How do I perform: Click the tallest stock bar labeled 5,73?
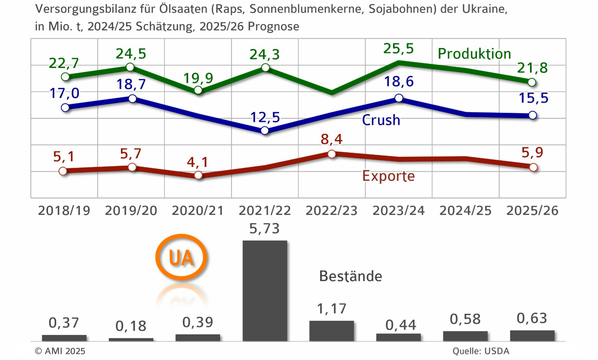pos(265,291)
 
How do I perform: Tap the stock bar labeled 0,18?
pos(131,339)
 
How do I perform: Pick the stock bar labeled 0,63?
pos(532,335)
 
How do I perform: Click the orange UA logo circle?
pos(181,257)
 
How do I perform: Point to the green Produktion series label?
pos(474,54)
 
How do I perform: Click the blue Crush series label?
pos(381,120)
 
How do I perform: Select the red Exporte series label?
pos(388,176)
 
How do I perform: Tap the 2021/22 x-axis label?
pos(264,211)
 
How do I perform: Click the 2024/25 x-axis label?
pos(465,211)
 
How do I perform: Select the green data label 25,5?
pos(398,49)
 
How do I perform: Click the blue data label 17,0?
pos(64,93)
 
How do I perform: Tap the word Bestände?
pos(351,276)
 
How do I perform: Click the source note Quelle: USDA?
pos(481,351)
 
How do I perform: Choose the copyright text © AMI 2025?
pos(60,351)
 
